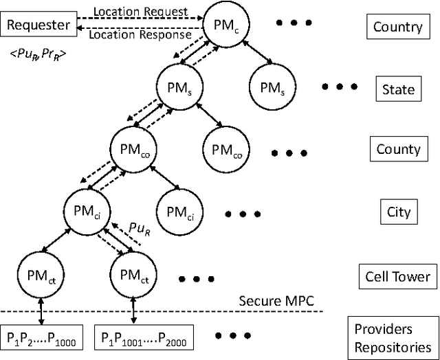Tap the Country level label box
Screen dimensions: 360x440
coord(397,27)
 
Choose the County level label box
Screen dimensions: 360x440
coord(398,149)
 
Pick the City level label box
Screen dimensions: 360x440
coord(398,211)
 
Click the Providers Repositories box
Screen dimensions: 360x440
coord(393,337)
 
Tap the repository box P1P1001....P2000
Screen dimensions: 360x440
coord(144,337)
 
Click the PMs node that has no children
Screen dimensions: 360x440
coord(269,88)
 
